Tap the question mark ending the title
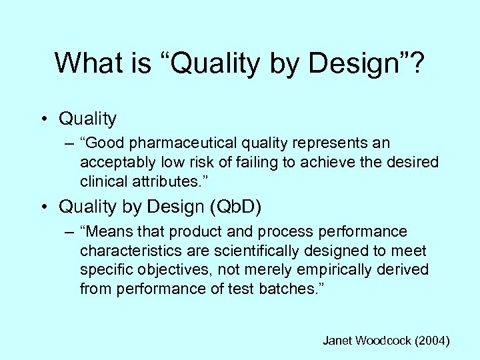[x=418, y=63]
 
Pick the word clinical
[x=101, y=181]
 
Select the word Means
[x=105, y=232]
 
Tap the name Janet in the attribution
[x=337, y=341]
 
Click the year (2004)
[x=432, y=341]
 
